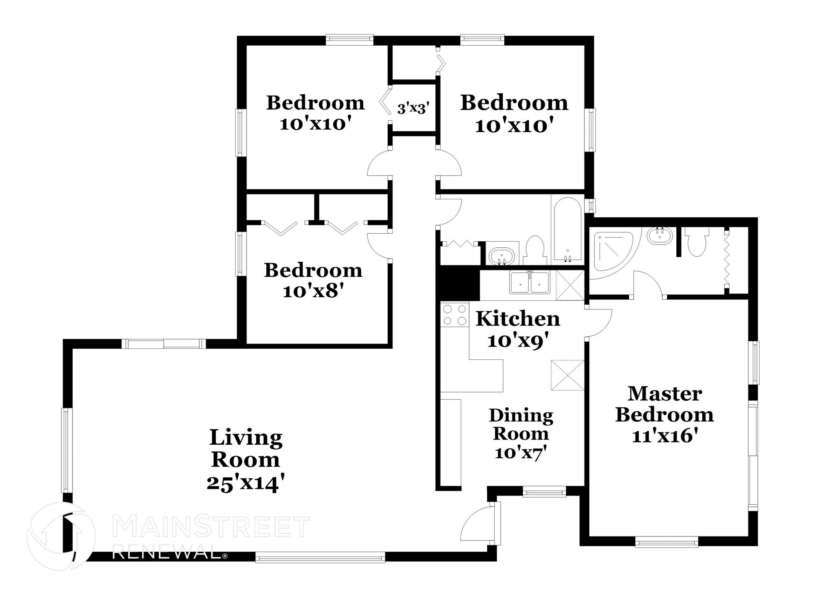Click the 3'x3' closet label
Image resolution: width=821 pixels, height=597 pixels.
click(413, 109)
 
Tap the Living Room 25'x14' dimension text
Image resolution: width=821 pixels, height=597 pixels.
click(246, 484)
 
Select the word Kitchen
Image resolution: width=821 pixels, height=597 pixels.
click(518, 319)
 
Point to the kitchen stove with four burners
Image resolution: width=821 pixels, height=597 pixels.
click(455, 315)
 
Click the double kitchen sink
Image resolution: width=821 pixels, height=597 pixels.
click(530, 283)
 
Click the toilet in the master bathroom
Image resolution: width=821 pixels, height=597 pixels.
click(697, 243)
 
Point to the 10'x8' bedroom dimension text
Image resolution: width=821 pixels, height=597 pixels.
click(313, 291)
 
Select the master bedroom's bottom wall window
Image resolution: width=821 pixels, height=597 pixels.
click(667, 543)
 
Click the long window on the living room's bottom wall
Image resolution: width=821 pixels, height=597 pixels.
click(320, 557)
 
